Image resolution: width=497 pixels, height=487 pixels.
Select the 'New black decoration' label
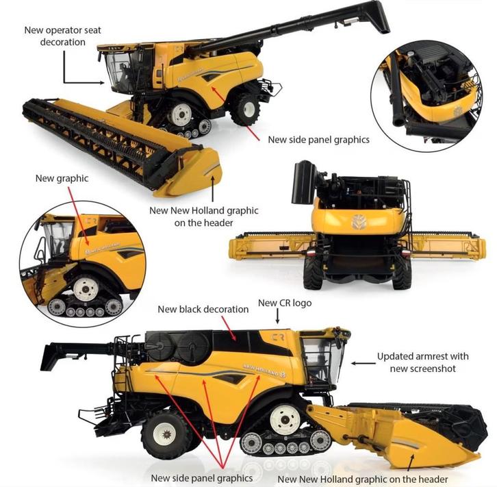[203, 309]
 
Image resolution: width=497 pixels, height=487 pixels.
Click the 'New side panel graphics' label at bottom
[202, 477]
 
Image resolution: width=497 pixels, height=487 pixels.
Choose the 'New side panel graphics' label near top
[318, 140]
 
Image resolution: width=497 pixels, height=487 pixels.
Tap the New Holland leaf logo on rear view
[358, 222]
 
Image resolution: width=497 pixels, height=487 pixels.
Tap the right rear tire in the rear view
[401, 273]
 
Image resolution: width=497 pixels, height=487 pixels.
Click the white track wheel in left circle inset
[86, 290]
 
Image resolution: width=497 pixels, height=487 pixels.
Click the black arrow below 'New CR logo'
[277, 316]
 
